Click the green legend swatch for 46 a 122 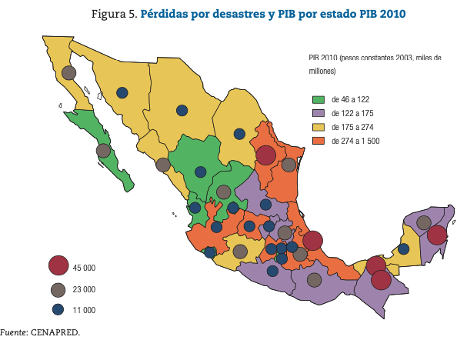[x=317, y=99]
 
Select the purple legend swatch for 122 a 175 [x=317, y=113]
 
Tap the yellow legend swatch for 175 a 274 [x=317, y=127]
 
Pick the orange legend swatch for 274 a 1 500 [x=317, y=141]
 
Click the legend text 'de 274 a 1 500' [x=355, y=141]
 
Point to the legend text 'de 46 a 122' [x=350, y=99]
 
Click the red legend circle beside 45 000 [x=58, y=266]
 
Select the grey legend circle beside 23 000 [x=58, y=289]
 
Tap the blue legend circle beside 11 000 [x=58, y=310]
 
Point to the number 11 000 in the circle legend [x=84, y=311]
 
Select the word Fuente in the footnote [x=14, y=332]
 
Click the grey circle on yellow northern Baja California [x=69, y=73]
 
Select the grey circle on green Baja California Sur [x=103, y=151]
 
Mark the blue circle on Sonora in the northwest [x=122, y=93]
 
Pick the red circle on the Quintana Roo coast [x=437, y=235]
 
